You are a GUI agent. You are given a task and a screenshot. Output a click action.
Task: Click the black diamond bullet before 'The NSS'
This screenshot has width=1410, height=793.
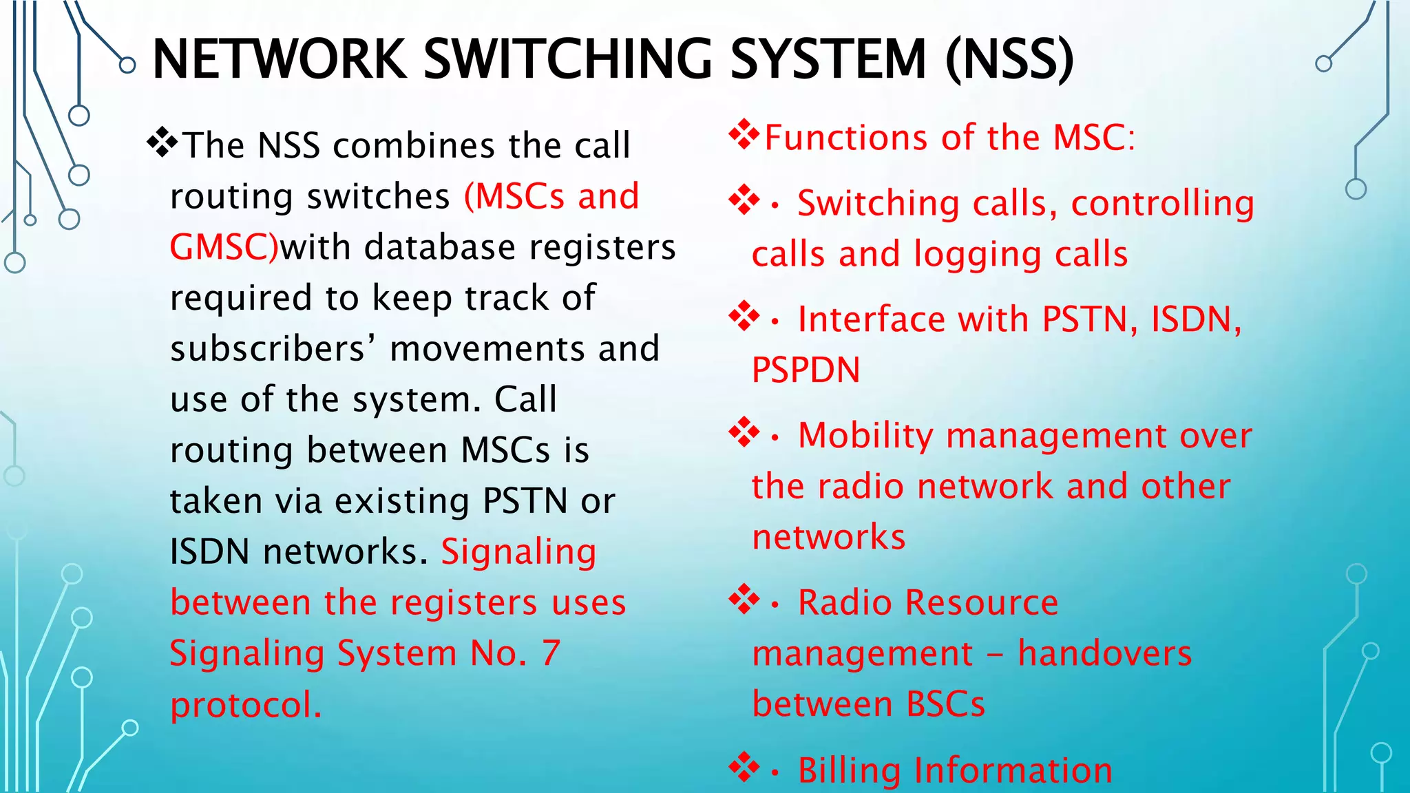(x=162, y=142)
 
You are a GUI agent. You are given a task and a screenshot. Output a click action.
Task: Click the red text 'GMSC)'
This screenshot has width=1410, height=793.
(x=224, y=247)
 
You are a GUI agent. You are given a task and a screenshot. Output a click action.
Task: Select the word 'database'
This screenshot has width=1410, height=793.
(x=439, y=247)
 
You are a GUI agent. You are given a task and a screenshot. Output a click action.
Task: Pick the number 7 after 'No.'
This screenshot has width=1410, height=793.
(x=550, y=653)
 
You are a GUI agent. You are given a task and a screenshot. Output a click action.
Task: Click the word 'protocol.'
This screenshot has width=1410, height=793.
(x=246, y=705)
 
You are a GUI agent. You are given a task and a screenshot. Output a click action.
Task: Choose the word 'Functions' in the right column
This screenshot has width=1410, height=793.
(x=847, y=137)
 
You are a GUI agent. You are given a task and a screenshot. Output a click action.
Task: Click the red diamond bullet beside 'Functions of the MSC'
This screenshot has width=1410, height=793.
(x=744, y=134)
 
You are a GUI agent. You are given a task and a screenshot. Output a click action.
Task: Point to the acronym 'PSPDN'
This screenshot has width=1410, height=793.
(x=806, y=370)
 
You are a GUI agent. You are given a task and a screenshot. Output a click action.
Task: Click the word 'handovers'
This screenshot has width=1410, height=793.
(x=1104, y=653)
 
